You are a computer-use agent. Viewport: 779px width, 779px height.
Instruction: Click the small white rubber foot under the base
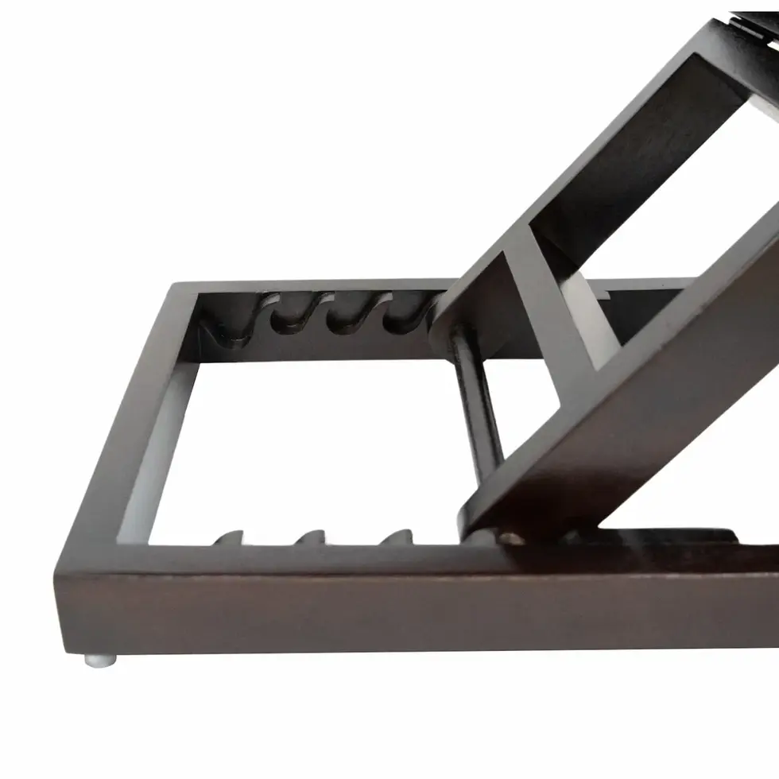pyautogui.click(x=102, y=659)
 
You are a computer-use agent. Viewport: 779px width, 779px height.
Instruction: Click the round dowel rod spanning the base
pyautogui.click(x=475, y=405)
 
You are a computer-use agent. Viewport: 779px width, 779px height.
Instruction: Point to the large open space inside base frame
pyautogui.click(x=318, y=445)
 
